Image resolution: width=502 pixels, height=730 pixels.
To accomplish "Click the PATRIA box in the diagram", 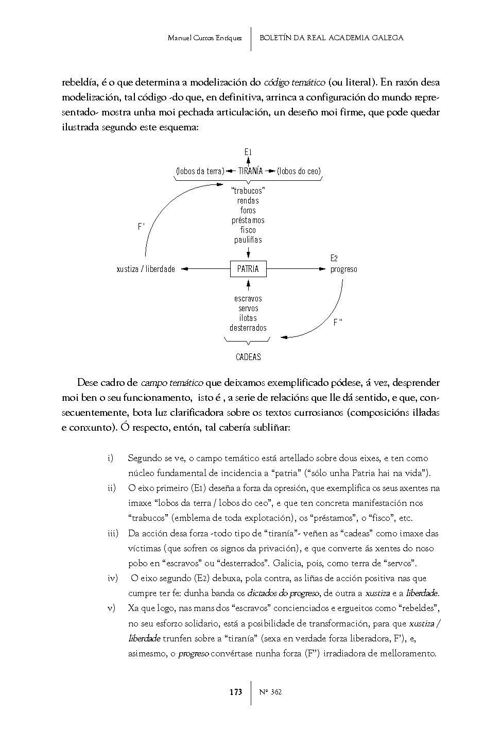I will pos(248,269).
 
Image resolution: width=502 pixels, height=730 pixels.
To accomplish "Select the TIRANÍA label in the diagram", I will pos(250,171).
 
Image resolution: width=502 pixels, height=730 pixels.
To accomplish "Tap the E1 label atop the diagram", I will pos(248,152).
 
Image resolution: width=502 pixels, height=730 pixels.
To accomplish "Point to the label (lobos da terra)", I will pos(200,171).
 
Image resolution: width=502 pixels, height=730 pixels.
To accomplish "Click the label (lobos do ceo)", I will pos(299,171).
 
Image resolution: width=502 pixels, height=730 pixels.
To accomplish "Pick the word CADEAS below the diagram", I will pos(248,357).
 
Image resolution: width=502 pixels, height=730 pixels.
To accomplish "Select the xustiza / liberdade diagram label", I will pos(146,269).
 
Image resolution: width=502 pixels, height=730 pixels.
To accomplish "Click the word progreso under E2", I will pos(343,269).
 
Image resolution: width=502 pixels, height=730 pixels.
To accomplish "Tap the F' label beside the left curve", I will pos(141,226).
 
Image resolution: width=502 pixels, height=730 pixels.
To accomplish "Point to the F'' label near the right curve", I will pos(338,322).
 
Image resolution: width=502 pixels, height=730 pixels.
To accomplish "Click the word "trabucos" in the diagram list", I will pos(248,191).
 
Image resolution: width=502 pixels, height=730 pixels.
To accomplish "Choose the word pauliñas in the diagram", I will pos(248,240).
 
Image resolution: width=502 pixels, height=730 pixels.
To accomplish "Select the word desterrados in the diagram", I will pos(248,328).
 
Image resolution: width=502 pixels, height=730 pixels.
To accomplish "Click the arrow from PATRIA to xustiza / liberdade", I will pos(206,268).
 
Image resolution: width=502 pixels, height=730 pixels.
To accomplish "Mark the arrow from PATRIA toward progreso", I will pos(297,268).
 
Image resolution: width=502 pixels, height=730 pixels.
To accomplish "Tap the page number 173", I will pos(236,692).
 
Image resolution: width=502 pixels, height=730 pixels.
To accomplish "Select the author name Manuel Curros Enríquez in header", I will pos(205,38).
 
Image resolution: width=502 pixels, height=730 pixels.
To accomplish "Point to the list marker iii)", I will pos(113,533).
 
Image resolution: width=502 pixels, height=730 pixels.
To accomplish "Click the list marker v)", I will pos(111,608).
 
